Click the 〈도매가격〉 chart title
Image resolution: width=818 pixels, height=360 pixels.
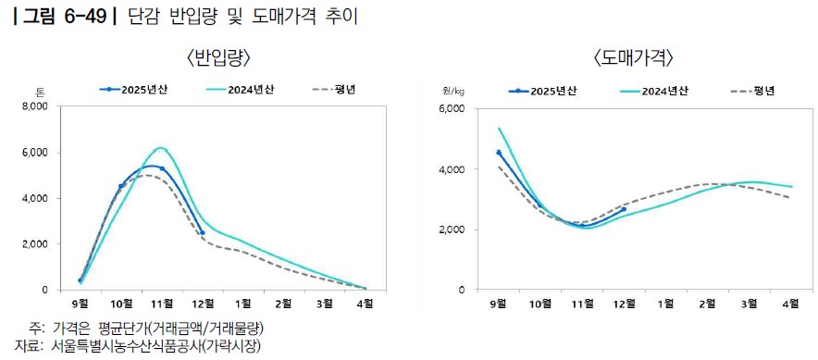633,58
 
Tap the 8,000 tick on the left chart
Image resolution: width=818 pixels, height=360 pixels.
35,106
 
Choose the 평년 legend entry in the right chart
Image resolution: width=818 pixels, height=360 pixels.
751,92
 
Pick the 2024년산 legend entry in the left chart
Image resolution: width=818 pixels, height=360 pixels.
240,89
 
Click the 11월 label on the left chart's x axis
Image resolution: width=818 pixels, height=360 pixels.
162,303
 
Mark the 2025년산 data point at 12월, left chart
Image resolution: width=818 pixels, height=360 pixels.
203,232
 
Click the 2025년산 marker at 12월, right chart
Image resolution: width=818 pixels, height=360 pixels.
624,209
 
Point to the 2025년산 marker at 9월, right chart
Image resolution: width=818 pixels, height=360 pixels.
499,153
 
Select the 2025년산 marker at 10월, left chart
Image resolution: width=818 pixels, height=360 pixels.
121,186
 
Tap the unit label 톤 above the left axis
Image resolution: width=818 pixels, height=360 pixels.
40,93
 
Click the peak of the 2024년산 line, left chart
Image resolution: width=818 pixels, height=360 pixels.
161,148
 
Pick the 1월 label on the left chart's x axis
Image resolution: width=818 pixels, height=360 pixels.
243,303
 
